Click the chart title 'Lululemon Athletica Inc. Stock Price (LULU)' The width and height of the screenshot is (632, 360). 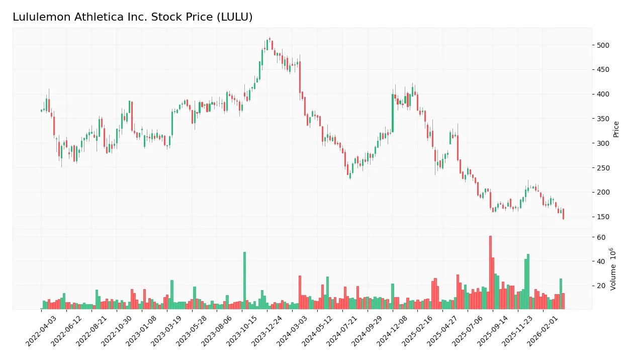(x=132, y=17)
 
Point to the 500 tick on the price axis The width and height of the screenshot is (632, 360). (x=603, y=45)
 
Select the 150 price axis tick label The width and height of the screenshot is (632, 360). (x=603, y=217)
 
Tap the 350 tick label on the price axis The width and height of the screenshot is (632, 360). (x=603, y=119)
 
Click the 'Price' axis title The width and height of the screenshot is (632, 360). (x=616, y=129)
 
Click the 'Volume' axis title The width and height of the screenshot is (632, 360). (x=613, y=269)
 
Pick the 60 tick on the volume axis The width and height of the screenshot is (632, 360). (x=601, y=237)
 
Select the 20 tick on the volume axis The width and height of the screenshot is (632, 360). (x=601, y=286)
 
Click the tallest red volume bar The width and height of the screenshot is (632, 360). (x=490, y=272)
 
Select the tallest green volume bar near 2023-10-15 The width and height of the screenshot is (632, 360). (x=245, y=280)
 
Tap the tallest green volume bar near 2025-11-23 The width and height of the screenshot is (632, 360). (x=528, y=282)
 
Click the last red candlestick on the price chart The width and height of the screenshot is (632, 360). (x=563, y=214)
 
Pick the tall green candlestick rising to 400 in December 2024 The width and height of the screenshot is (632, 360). (x=393, y=113)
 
